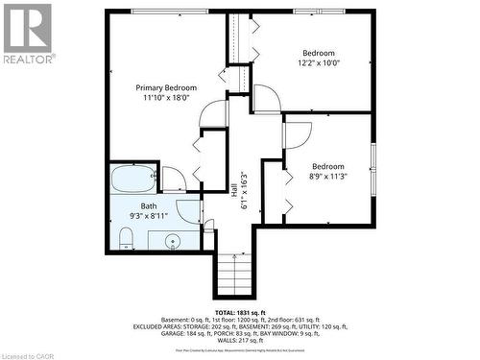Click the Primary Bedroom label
pos(161,86)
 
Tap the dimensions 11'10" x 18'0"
pos(161,97)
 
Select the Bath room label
pos(149,205)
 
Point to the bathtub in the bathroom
pos(133,179)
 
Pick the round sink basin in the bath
pos(173,240)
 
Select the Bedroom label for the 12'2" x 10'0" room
pos(319,53)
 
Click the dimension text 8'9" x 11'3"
pos(327,176)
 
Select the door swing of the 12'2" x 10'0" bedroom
pos(267,99)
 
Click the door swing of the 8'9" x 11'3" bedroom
pos(297,132)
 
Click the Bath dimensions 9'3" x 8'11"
pos(149,216)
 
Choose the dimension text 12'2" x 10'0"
pos(319,63)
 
